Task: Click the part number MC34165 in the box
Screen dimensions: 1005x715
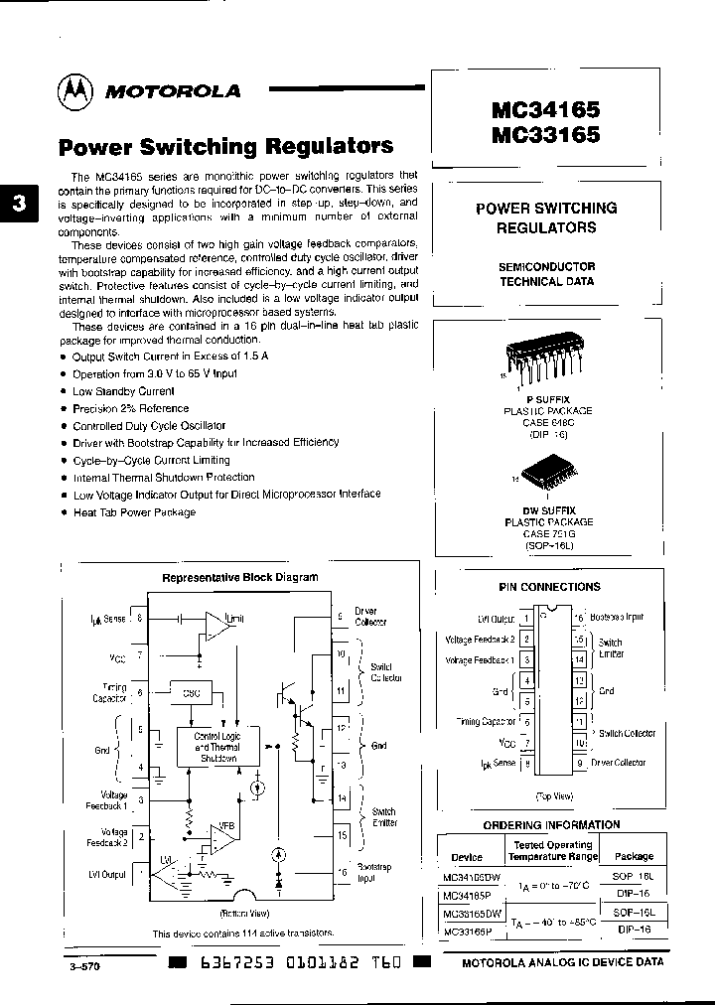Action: click(545, 107)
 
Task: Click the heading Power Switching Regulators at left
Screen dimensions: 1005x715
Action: click(226, 147)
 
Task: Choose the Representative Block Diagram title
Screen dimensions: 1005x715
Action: click(239, 577)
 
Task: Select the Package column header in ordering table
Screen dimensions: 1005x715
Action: click(634, 855)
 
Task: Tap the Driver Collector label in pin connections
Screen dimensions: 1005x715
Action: click(619, 763)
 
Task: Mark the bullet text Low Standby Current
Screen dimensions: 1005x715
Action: click(123, 391)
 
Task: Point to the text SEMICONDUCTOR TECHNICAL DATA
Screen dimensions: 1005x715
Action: click(546, 274)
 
